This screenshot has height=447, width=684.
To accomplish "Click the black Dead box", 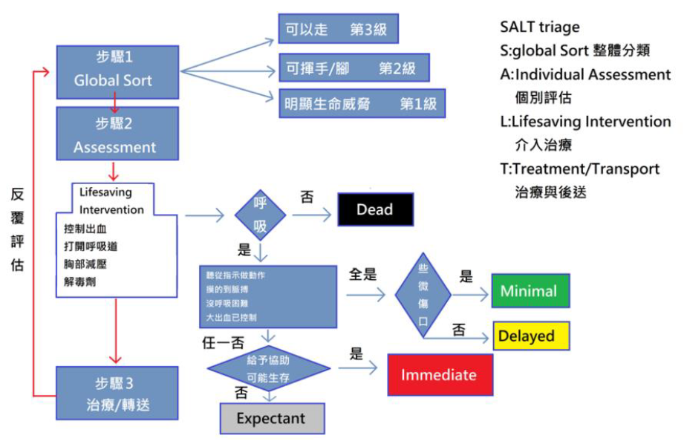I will (375, 209).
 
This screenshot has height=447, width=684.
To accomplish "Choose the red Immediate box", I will (439, 375).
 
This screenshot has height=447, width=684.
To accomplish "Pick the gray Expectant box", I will (271, 419).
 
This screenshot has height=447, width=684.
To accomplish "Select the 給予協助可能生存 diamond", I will (268, 368).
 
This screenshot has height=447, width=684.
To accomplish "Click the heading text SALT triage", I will (540, 27).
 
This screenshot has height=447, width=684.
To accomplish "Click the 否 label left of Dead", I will (306, 197).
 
